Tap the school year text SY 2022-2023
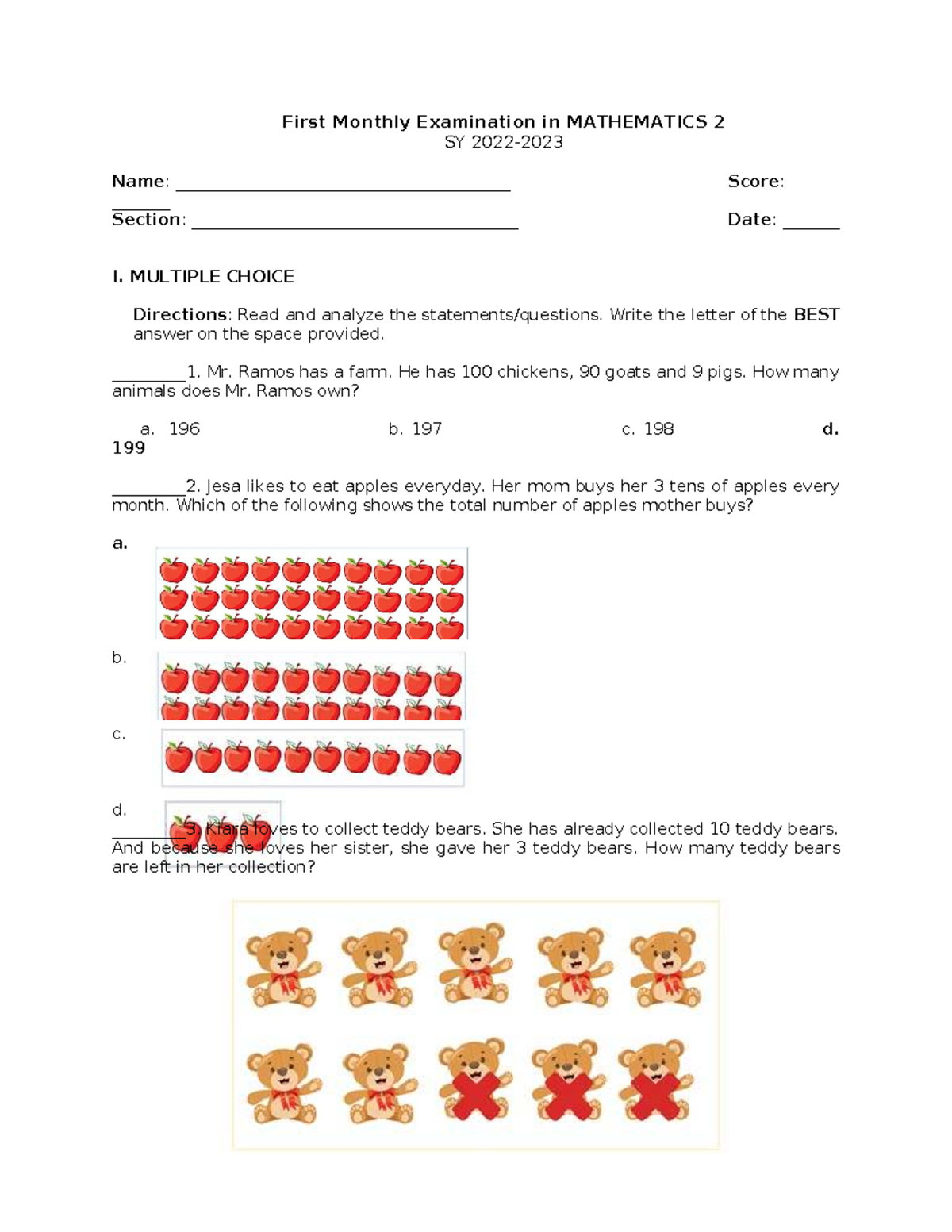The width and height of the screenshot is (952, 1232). (x=504, y=142)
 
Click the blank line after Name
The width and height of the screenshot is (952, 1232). (x=342, y=188)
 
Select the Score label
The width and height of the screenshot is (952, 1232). (x=755, y=182)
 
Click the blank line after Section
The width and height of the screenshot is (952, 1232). (x=355, y=226)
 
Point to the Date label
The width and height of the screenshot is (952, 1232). (x=750, y=220)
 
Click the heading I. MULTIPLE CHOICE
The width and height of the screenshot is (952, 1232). (x=203, y=276)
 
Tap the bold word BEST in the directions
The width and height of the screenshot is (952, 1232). (x=816, y=315)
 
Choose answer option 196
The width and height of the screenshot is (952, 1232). (x=184, y=429)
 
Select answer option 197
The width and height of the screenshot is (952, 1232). (x=426, y=429)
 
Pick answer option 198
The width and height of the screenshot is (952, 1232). (x=658, y=429)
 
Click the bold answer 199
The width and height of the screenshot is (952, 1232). (x=129, y=448)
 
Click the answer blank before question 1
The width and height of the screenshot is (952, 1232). (x=148, y=378)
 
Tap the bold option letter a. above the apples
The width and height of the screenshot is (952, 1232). (x=120, y=543)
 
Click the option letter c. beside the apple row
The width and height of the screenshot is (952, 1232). (x=119, y=734)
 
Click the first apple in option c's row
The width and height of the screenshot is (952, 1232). (x=178, y=758)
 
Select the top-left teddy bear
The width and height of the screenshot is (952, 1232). (x=282, y=966)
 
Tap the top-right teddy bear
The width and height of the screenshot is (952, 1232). (x=666, y=966)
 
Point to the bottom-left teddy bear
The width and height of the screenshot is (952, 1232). (x=282, y=1083)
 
